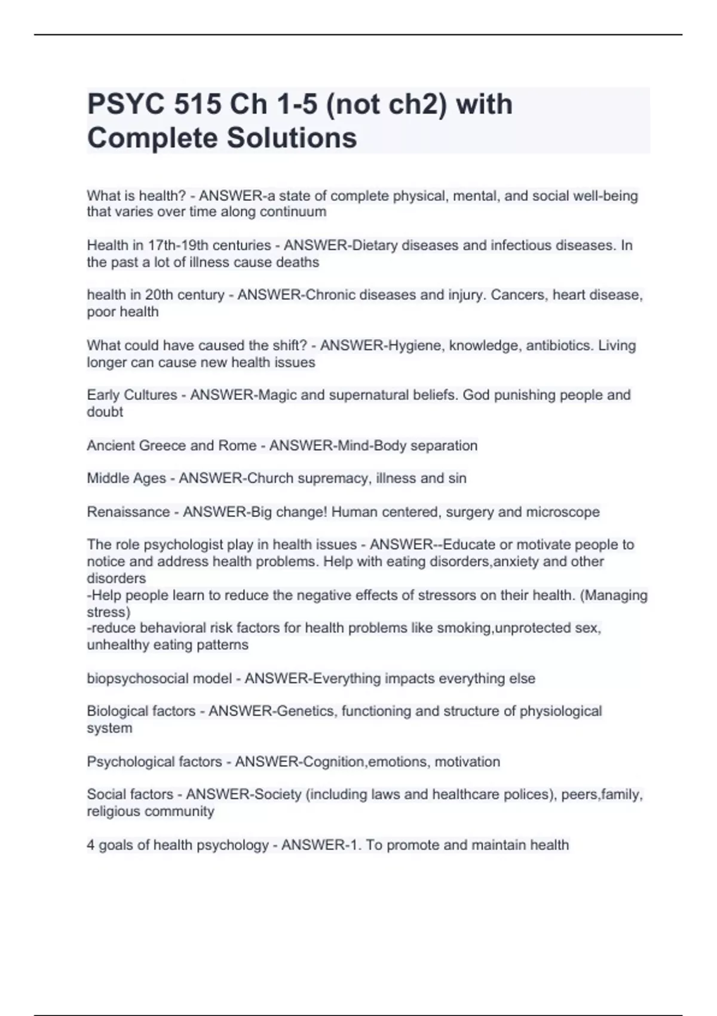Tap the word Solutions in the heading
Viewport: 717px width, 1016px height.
pos(291,138)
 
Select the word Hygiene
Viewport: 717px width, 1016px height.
pos(414,345)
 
